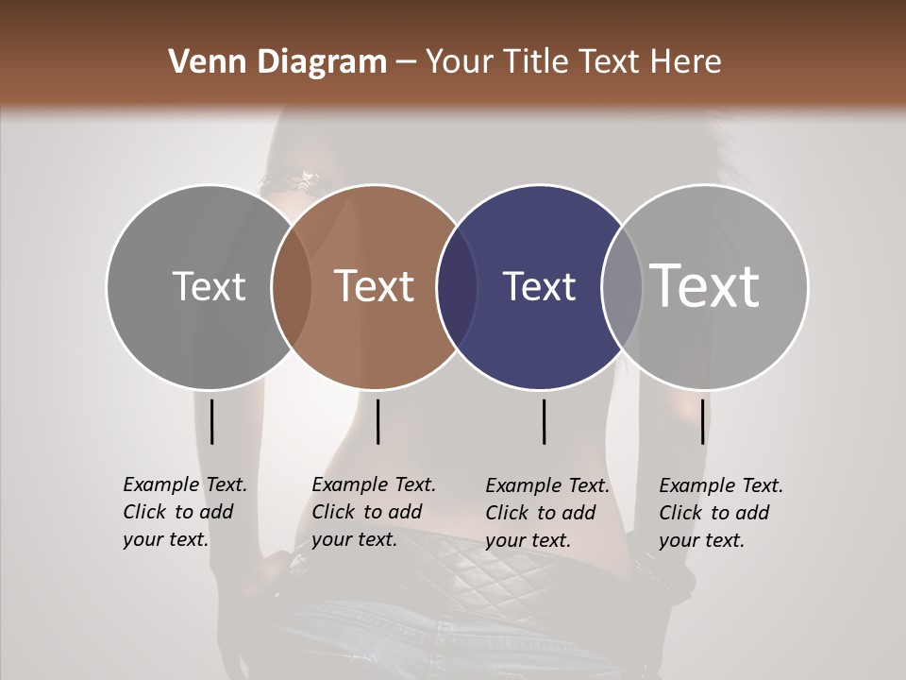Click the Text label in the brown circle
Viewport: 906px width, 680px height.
click(x=375, y=286)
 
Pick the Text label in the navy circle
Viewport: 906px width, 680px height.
click(x=540, y=286)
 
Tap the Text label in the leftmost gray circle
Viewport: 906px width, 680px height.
click(x=210, y=286)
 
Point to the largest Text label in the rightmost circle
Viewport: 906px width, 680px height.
click(x=705, y=285)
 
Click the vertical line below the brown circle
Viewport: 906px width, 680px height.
click(x=377, y=421)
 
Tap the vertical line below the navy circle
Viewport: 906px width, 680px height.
click(x=544, y=421)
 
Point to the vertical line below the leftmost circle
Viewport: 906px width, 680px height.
click(x=211, y=421)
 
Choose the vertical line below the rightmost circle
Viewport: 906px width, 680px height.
click(x=702, y=421)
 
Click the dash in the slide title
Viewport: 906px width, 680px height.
click(x=406, y=63)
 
